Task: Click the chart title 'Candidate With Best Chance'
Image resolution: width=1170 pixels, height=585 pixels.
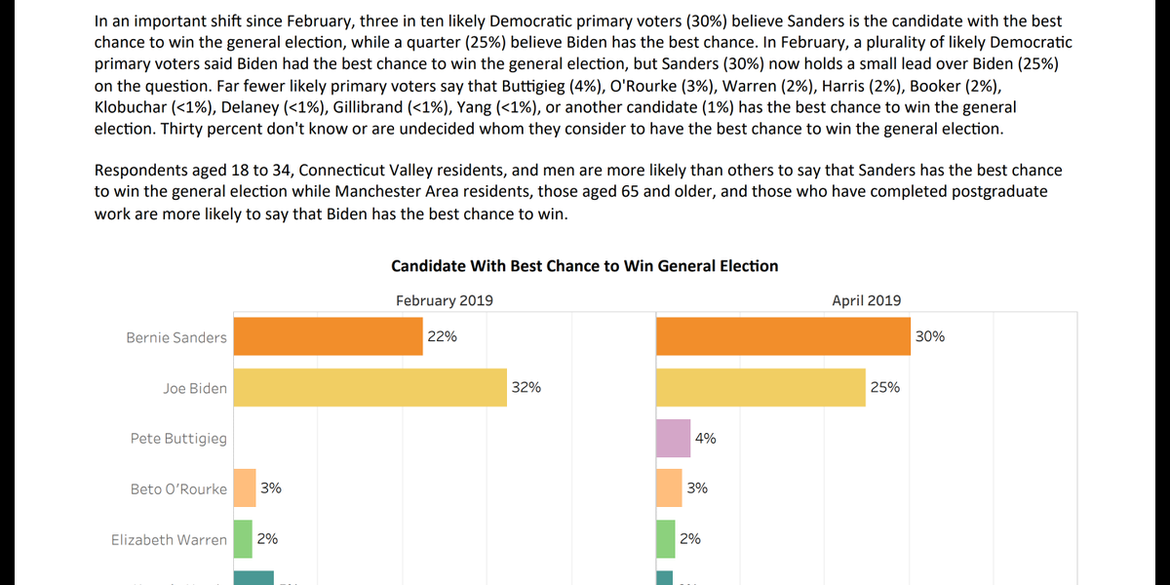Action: [584, 265]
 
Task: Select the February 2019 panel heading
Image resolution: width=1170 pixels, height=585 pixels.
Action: [444, 300]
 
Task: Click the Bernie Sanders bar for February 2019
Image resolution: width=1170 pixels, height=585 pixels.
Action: [328, 336]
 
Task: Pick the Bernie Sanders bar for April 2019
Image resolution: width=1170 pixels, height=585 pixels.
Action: [783, 336]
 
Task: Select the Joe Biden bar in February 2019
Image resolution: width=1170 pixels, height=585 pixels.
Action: [370, 387]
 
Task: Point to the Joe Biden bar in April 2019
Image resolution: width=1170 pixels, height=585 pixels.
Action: [761, 387]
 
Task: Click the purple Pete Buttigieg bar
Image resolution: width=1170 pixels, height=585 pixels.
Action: [673, 438]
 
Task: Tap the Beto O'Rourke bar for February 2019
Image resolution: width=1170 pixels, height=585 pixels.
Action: [244, 488]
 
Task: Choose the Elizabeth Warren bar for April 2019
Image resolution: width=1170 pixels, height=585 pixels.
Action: [665, 539]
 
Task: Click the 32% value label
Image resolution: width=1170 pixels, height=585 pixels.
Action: [526, 387]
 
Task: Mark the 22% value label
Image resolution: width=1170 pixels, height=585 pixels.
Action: [442, 336]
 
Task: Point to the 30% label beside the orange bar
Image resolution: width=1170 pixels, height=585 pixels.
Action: [930, 336]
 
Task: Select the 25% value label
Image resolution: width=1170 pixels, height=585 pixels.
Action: [885, 387]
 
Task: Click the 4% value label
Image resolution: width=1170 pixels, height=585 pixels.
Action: [706, 438]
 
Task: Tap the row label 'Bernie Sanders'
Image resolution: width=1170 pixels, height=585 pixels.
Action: [176, 337]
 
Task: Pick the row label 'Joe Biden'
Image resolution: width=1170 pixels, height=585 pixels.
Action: [195, 388]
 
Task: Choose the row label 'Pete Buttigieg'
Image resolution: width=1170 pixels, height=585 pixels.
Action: [178, 439]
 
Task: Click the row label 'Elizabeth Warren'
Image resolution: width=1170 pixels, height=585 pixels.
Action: [169, 539]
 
